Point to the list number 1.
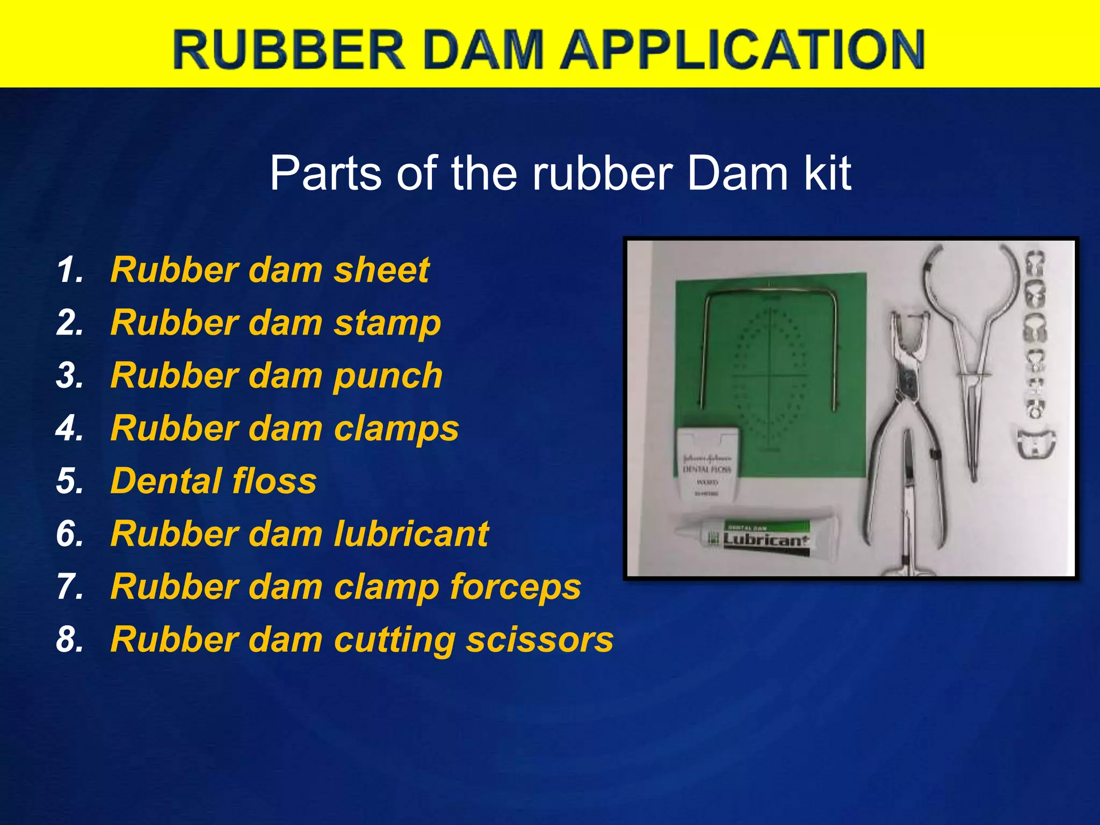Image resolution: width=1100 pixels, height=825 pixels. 69,270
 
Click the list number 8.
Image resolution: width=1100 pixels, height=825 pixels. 69,640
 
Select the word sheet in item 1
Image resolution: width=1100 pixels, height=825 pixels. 381,270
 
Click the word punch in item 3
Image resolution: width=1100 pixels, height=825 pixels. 388,376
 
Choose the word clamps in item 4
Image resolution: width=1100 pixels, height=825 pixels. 396,429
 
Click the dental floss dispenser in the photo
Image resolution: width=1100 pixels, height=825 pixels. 707,462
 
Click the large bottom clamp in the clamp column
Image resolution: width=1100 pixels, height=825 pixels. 1035,444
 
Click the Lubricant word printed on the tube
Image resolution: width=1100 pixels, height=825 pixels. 766,540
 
